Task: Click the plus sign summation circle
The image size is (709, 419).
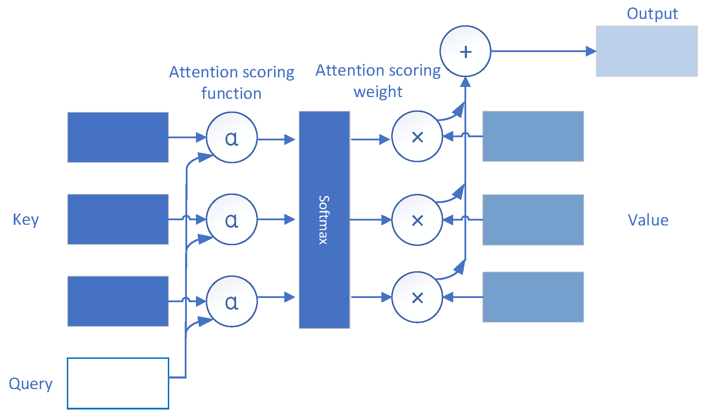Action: tap(465, 51)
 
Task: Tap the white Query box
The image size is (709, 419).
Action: tap(118, 383)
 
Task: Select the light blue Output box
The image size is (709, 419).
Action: tap(646, 51)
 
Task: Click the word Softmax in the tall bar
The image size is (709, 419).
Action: tap(323, 220)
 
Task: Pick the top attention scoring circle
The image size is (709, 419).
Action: tap(232, 138)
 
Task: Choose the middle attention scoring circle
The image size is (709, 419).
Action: tap(232, 220)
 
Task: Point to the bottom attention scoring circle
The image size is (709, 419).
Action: tap(232, 301)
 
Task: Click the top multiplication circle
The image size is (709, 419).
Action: tap(417, 137)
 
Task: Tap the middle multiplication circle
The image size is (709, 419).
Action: tap(417, 220)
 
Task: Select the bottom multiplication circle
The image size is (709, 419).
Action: tap(417, 297)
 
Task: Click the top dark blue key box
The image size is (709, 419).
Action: tap(118, 138)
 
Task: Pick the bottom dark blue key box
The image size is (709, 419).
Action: tap(118, 301)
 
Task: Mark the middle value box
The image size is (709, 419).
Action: tap(533, 220)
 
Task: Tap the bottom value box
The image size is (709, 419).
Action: tap(533, 297)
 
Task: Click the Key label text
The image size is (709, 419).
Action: tap(26, 220)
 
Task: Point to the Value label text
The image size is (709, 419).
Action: tap(648, 220)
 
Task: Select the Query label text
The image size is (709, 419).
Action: tap(31, 384)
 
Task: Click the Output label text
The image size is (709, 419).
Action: tap(652, 14)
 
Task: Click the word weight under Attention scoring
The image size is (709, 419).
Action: tap(378, 92)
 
